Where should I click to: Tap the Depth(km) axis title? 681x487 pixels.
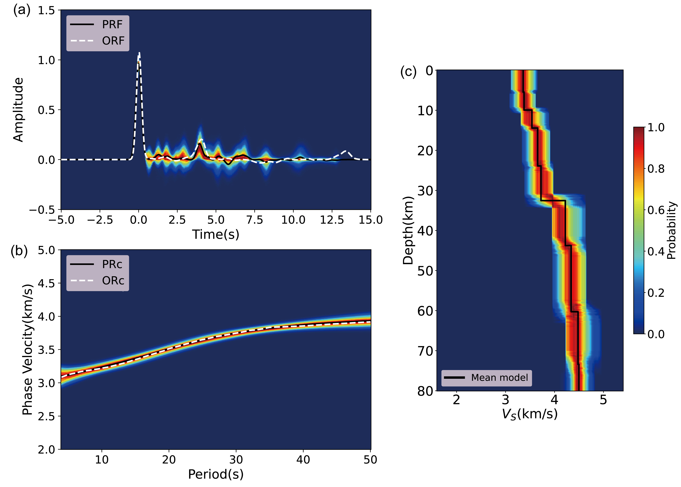point(408,230)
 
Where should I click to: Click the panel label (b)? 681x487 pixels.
point(19,251)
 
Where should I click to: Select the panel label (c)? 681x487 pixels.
point(408,72)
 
